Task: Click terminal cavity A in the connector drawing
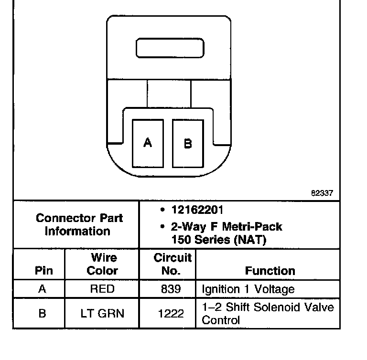coord(148,143)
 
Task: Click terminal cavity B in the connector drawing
coord(188,143)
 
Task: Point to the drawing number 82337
coord(322,193)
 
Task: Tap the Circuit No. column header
coord(172,264)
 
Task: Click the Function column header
coord(270,271)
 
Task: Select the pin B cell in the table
coord(42,313)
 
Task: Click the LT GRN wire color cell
coord(102,313)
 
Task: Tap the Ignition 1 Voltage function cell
coord(248,289)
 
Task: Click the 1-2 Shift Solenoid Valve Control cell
coord(268,313)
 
